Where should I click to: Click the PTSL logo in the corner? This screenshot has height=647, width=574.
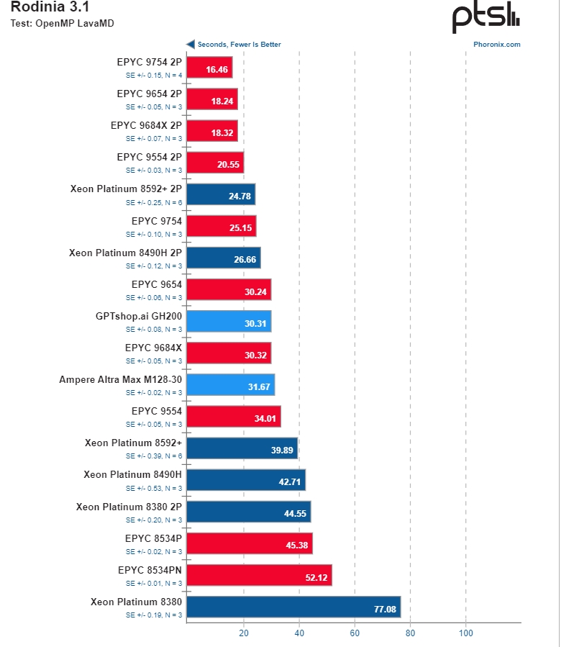485,18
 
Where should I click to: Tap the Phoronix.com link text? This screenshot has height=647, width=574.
496,45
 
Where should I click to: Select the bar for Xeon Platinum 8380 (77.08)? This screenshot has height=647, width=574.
293,609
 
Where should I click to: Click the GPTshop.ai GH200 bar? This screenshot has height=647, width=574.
229,323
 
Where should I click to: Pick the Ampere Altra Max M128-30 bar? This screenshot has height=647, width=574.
230,386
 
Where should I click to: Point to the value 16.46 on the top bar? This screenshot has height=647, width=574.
217,70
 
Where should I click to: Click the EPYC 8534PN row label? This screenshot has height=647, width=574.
150,569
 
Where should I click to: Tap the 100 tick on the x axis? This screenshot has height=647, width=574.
465,633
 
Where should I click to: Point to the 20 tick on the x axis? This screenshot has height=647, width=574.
244,633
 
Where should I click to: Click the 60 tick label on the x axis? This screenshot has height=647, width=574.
355,633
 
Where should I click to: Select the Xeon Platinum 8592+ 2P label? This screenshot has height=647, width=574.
126,189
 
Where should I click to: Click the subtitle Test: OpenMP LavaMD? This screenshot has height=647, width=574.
62,23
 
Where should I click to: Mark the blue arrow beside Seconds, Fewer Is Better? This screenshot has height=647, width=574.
191,45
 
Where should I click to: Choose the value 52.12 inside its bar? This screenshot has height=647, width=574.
317,576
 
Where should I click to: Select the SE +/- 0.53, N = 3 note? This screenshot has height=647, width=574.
154,488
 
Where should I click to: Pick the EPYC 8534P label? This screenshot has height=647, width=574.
153,538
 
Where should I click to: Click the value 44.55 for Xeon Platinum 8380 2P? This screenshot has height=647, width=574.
296,514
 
